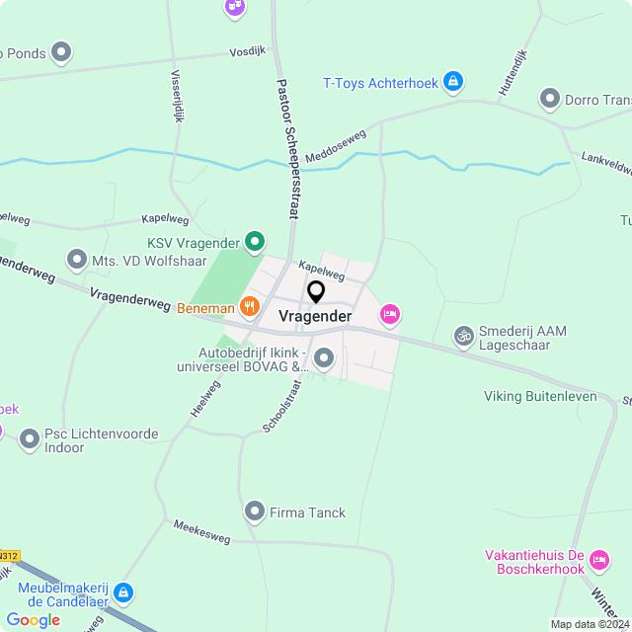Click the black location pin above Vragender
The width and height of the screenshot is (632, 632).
coord(316,292)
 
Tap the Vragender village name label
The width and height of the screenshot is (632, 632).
coord(315,316)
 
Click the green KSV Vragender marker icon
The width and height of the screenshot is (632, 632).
coord(255,241)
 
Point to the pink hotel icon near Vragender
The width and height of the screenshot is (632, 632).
coord(390,314)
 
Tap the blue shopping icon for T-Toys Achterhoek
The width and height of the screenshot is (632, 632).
coord(452,82)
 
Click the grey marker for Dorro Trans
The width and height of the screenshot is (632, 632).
coord(550,99)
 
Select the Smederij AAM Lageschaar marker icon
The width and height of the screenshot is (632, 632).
coord(463,337)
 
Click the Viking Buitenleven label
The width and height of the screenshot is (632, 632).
coord(540,396)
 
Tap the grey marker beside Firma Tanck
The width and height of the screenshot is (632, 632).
coord(254,512)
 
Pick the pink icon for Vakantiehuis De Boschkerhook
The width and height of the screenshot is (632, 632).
coord(598,562)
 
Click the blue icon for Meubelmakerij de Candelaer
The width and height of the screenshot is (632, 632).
coord(123,592)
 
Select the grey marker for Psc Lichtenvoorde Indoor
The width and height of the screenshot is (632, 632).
coord(30,435)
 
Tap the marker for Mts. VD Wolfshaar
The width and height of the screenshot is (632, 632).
coord(77,260)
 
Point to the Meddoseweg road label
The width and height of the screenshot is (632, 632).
coord(336,146)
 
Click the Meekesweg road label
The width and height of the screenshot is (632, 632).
coord(201,531)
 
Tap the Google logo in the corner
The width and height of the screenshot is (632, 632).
coord(33,619)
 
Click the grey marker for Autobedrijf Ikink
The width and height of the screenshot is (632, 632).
coord(324,358)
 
